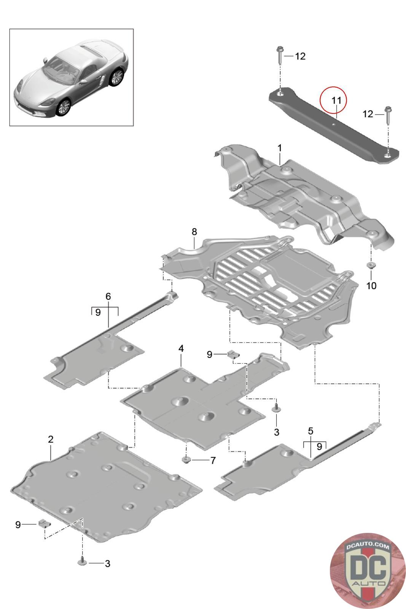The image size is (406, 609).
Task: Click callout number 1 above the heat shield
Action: [280, 148]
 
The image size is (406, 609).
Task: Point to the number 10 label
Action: [371, 285]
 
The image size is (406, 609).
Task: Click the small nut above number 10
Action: [370, 265]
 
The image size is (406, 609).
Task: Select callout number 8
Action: [194, 231]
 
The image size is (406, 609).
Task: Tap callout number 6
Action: [108, 296]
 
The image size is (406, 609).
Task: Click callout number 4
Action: [181, 348]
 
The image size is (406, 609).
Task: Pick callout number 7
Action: [213, 461]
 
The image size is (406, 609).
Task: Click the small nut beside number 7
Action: [186, 460]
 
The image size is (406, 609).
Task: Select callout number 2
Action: [51, 439]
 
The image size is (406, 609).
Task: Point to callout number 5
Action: [310, 431]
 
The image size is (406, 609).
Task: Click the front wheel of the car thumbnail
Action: [64, 107]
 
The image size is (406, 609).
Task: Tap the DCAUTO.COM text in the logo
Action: [368, 547]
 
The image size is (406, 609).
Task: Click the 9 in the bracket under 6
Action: [98, 312]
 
